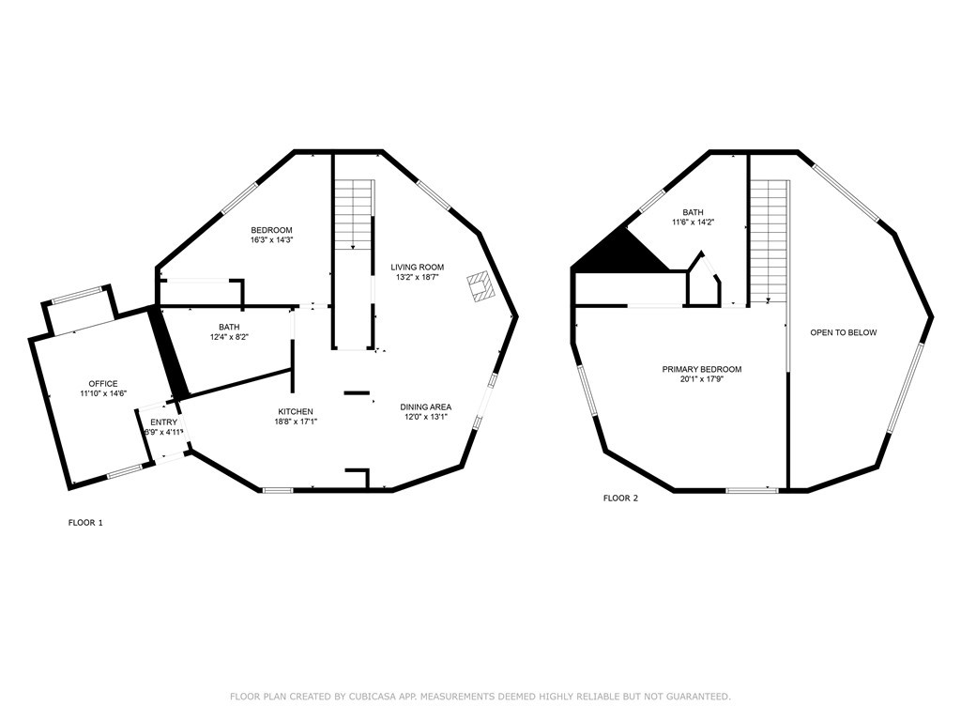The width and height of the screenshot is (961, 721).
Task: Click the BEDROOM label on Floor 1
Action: pos(271,231)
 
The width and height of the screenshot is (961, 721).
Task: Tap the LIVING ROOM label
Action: pos(418,268)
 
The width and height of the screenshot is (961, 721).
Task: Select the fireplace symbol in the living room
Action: pos(480,286)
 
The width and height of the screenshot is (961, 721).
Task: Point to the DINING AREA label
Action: pos(426,407)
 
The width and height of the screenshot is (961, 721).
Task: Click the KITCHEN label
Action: pos(296,412)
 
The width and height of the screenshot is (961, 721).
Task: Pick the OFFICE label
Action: pos(103,384)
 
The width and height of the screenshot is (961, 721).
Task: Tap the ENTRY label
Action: pos(163,422)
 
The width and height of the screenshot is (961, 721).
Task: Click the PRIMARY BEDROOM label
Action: pos(702,369)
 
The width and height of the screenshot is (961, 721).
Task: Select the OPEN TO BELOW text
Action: pos(844,332)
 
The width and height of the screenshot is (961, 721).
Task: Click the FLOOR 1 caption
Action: pos(85,523)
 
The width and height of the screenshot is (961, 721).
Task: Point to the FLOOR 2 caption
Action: pos(620,499)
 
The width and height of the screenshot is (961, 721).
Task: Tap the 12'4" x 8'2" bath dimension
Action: pos(229,337)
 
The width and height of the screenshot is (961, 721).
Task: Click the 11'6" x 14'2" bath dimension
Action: pos(694,222)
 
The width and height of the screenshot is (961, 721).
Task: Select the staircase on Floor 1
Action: pos(354,214)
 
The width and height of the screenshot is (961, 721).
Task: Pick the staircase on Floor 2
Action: pos(770,241)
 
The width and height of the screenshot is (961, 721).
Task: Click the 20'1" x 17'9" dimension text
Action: pos(702,379)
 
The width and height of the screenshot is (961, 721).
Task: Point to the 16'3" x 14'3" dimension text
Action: pos(271,240)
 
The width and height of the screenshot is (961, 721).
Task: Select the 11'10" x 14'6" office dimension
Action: pos(103,393)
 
